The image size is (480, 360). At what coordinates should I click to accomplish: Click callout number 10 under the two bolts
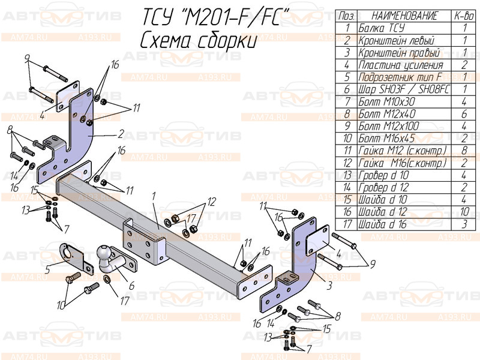[x=61, y=305]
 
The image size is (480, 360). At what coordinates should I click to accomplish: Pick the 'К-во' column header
[x=464, y=15]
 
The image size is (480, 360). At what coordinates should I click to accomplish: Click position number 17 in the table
[x=347, y=225]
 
